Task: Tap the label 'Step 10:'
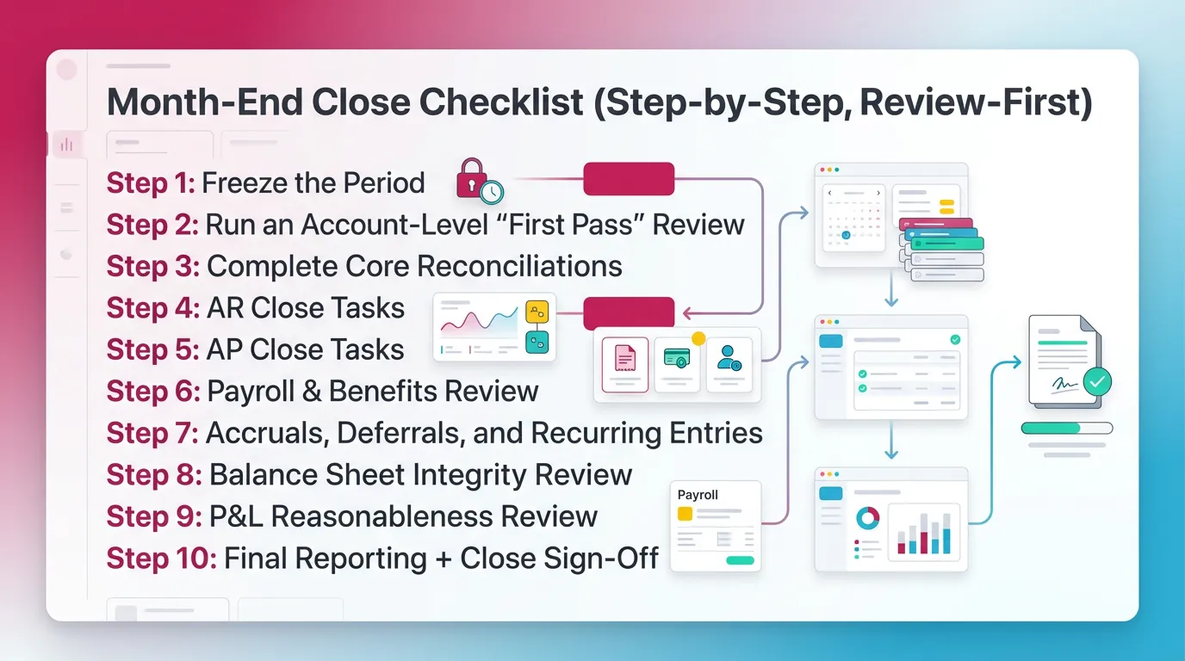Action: click(161, 558)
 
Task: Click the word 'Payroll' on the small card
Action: click(698, 495)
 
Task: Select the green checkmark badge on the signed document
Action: click(1096, 381)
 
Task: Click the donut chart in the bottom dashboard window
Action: click(868, 518)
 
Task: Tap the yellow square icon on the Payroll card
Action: click(686, 514)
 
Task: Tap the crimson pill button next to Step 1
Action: click(629, 179)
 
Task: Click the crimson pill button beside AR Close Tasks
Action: click(629, 313)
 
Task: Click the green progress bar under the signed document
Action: click(1051, 428)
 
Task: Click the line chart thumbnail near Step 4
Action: click(478, 325)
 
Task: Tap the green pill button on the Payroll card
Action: click(740, 560)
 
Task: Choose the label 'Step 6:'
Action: click(153, 391)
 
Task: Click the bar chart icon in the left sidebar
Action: click(66, 145)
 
